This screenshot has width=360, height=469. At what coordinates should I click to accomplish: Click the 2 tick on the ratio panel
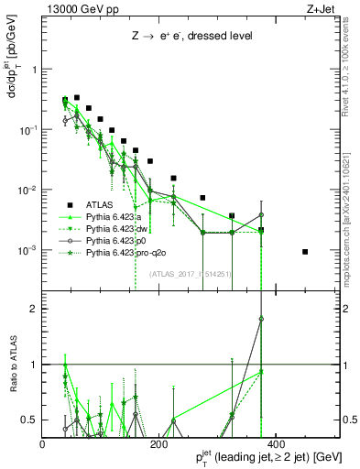pyautogui.click(x=35, y=309)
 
